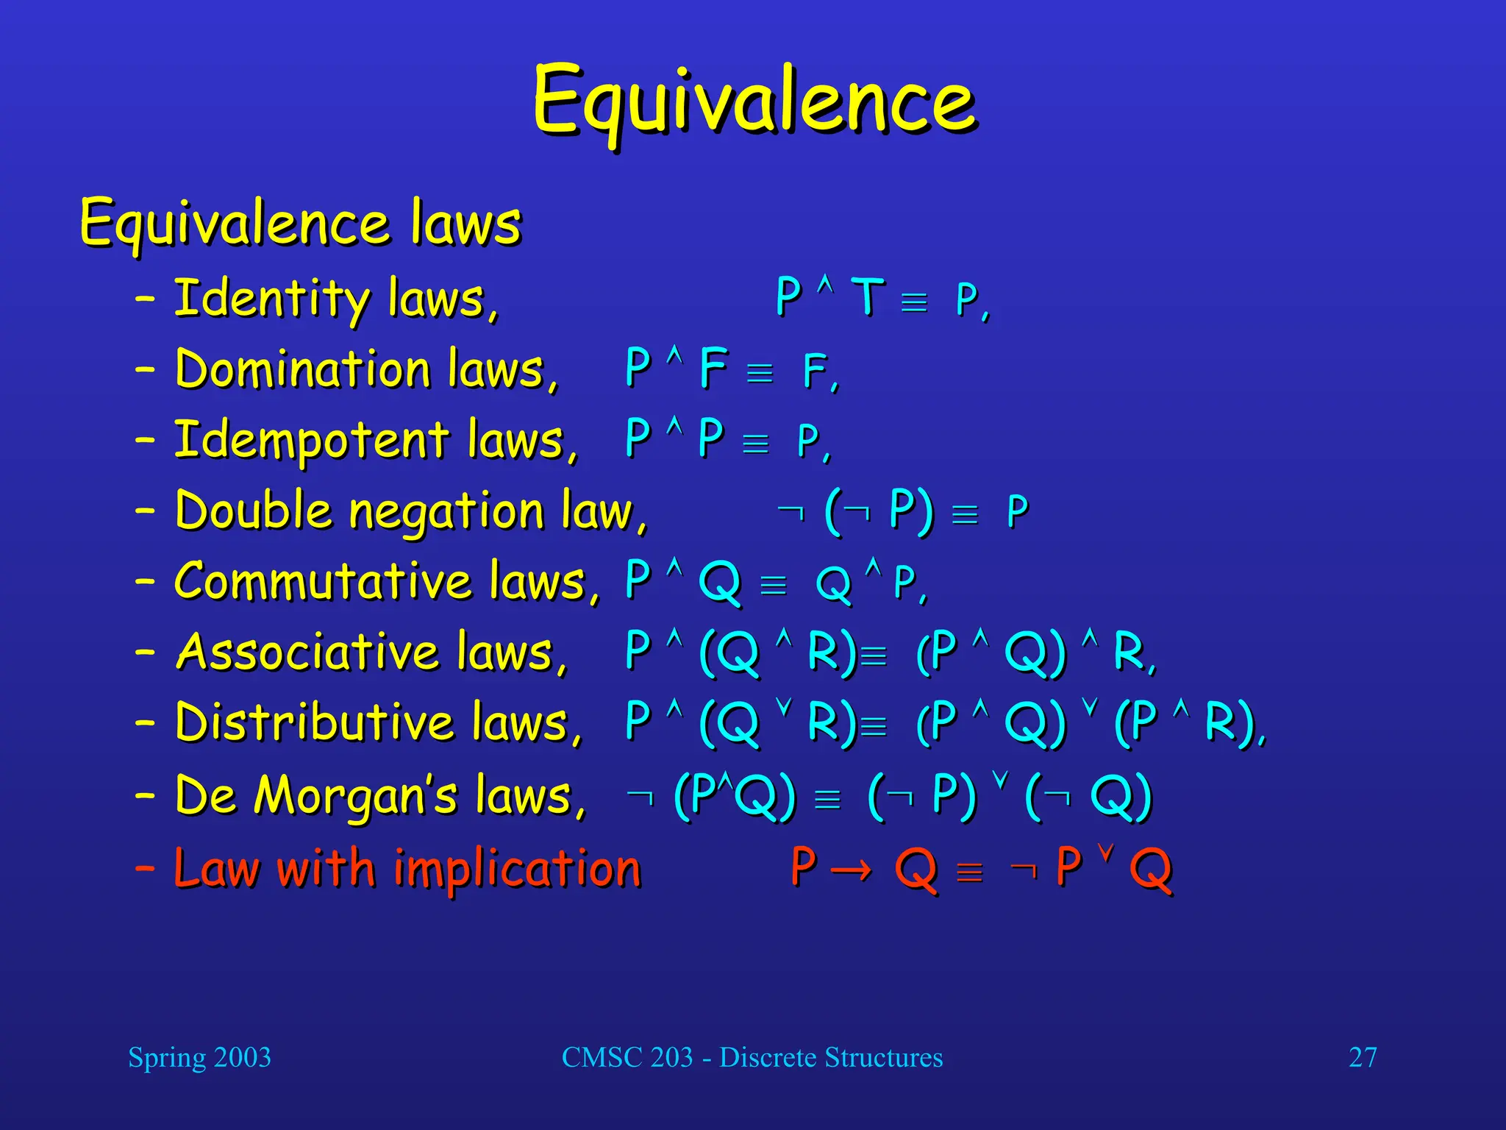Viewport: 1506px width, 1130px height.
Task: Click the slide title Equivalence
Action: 754,102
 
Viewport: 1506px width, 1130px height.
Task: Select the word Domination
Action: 302,369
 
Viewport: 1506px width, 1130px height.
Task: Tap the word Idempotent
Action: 311,440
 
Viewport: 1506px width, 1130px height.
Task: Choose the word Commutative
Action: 322,581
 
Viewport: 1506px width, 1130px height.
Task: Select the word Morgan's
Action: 356,796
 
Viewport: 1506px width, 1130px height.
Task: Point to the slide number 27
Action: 1362,1057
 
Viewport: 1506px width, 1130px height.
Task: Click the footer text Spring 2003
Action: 199,1057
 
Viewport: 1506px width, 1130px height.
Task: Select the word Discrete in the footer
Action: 767,1057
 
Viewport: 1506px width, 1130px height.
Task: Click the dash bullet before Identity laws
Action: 145,299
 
